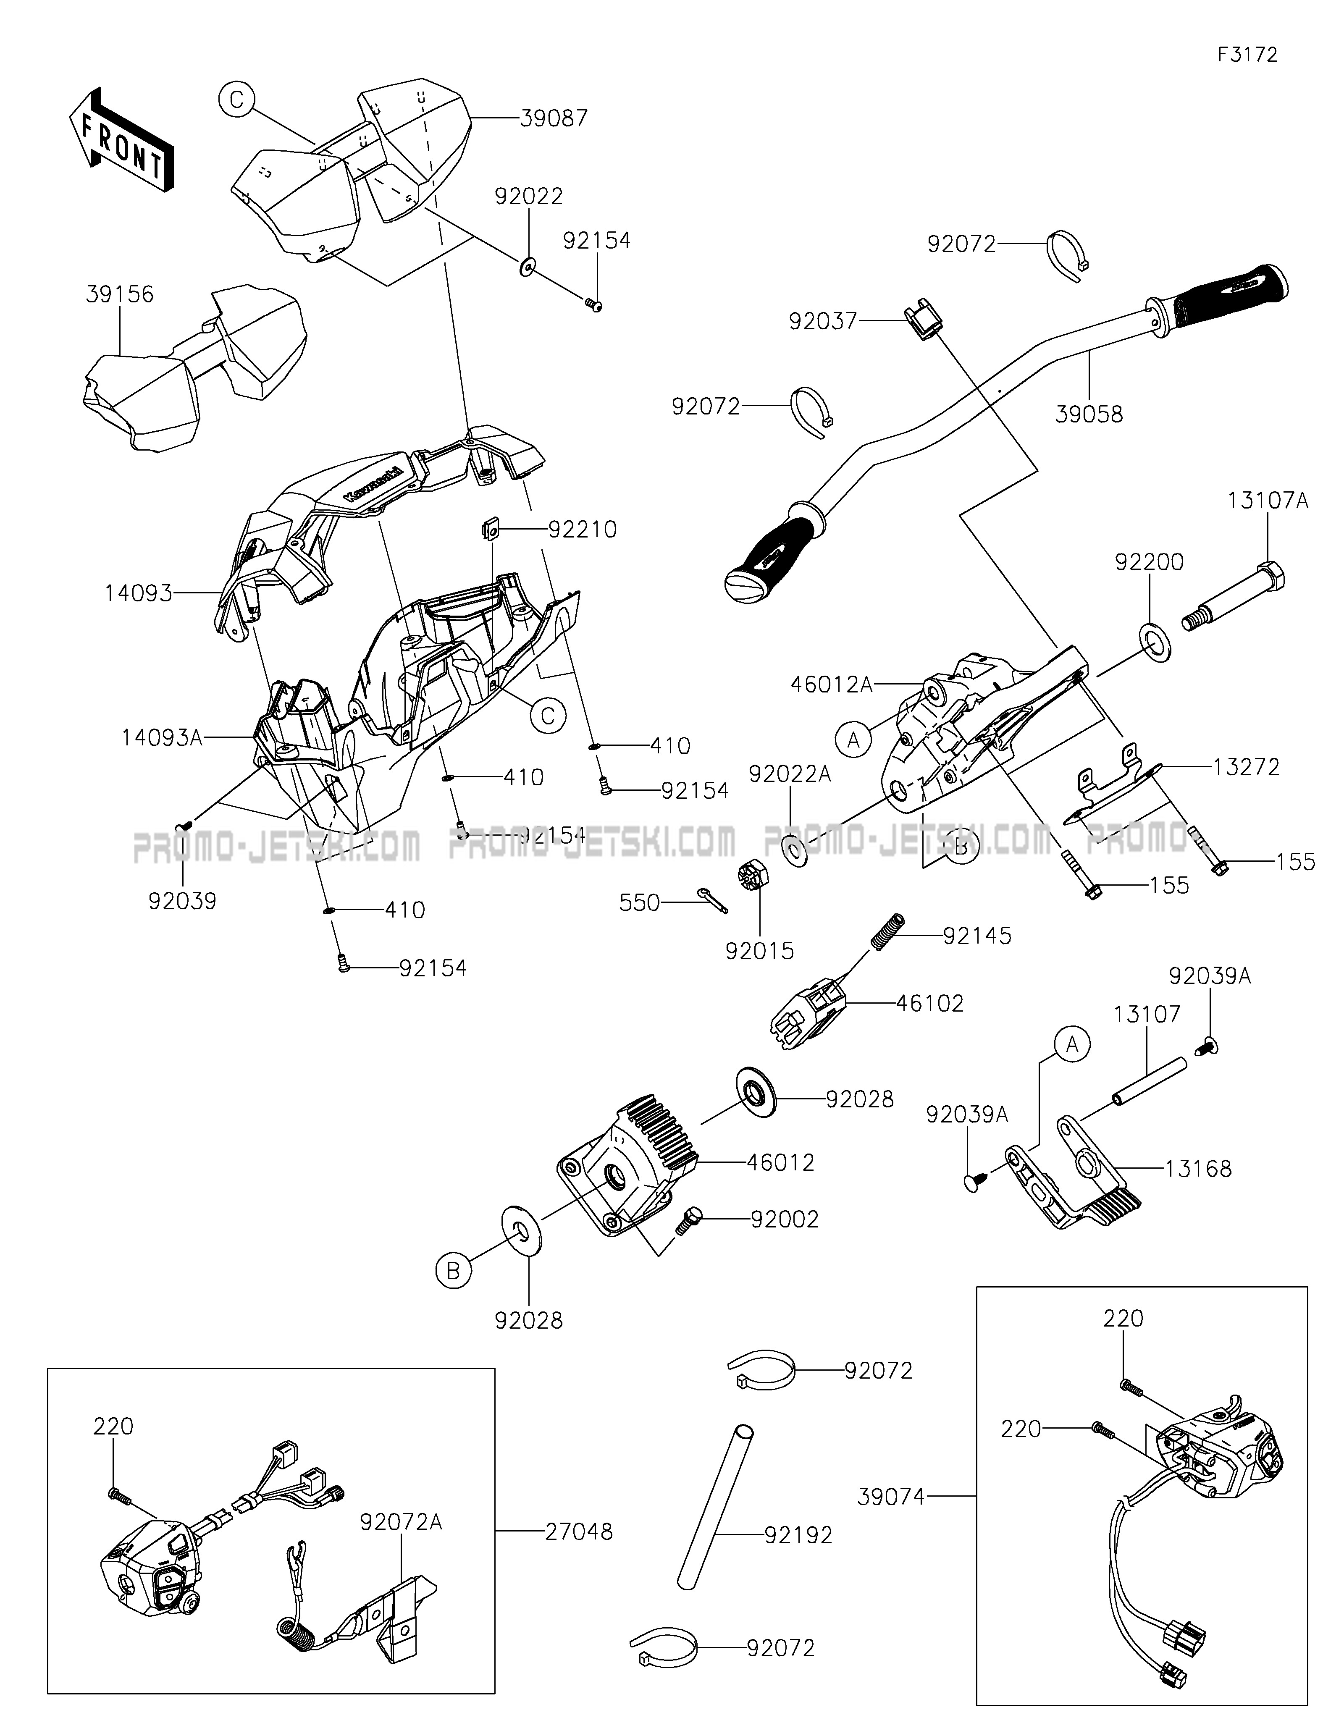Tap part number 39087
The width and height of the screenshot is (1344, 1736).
[554, 118]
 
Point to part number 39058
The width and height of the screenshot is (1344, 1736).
[1089, 414]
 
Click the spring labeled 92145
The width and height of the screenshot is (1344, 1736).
[887, 931]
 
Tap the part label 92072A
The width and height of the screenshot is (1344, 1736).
[401, 1521]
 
